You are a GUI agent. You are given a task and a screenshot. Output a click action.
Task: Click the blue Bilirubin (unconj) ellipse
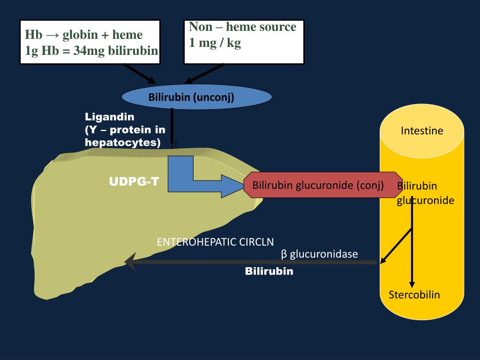(x=197, y=97)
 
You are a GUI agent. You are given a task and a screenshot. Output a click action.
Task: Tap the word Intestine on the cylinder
(x=422, y=131)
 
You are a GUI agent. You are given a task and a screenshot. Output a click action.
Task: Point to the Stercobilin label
(x=414, y=294)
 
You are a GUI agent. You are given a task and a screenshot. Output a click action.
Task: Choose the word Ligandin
(x=109, y=117)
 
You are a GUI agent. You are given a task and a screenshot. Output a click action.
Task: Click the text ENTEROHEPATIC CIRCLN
(x=215, y=242)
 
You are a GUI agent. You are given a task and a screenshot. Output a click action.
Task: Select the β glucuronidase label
(x=319, y=254)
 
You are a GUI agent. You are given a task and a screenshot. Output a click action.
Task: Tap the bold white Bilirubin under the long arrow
(x=269, y=271)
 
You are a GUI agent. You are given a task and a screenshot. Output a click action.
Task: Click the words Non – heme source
(x=243, y=27)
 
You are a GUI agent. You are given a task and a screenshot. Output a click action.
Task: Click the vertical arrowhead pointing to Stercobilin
(x=412, y=284)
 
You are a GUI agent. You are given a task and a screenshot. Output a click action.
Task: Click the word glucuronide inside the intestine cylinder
(x=426, y=201)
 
